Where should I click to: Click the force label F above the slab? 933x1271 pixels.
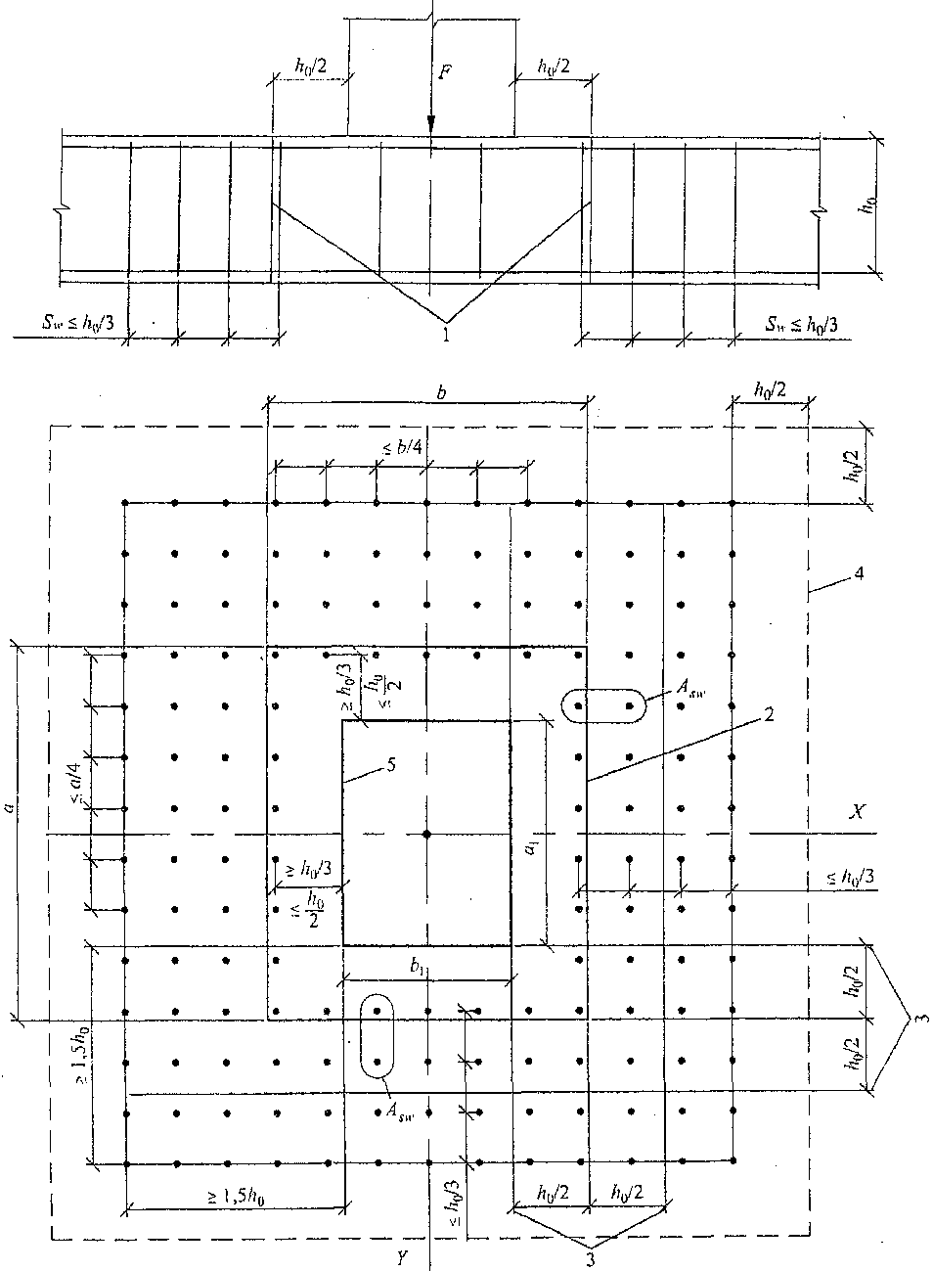tap(445, 74)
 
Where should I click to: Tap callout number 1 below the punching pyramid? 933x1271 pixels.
tap(447, 336)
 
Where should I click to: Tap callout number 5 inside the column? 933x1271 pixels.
tap(389, 766)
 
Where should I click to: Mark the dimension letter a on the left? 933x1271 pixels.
tap(9, 808)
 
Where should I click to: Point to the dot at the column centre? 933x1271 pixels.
tap(426, 833)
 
